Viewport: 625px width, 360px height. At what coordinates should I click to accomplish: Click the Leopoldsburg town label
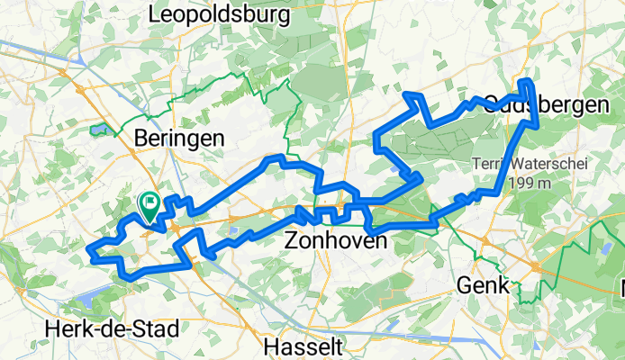(x=220, y=15)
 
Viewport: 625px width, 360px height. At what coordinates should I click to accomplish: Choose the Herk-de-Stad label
(x=112, y=328)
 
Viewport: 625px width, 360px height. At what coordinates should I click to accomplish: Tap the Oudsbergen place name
(x=546, y=105)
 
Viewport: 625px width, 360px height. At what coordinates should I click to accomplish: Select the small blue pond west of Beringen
(x=98, y=130)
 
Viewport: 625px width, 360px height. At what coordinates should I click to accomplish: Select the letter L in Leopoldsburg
(x=155, y=15)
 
